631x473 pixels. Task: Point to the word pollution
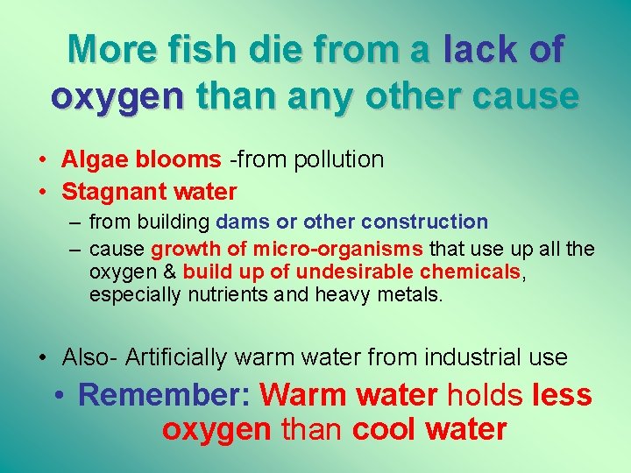pyautogui.click(x=338, y=159)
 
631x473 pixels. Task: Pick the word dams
pyautogui.click(x=237, y=222)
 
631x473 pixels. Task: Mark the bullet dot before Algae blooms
pyautogui.click(x=43, y=160)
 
